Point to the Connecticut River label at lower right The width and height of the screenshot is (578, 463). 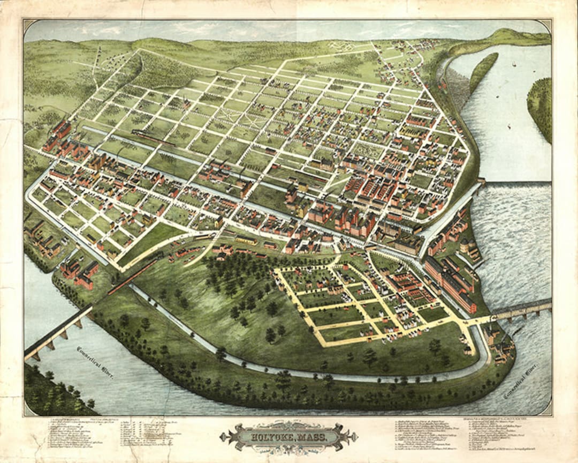pyautogui.click(x=520, y=381)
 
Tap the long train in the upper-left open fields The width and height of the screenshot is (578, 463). pyautogui.click(x=153, y=137)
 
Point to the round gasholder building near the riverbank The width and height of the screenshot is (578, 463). pyautogui.click(x=465, y=247)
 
